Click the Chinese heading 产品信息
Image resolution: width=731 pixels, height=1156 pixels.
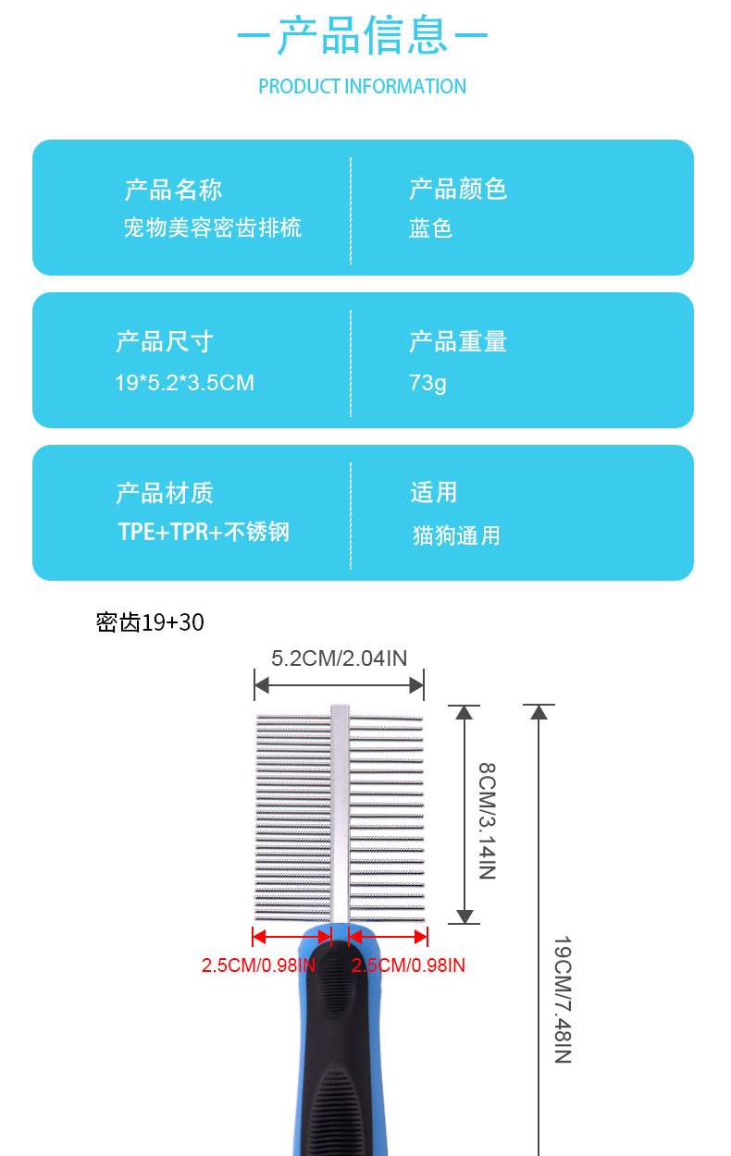363,37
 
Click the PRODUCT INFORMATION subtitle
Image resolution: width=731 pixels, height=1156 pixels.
362,87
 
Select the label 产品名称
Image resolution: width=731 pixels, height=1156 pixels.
173,191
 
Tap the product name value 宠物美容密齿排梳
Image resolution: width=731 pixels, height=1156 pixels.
212,228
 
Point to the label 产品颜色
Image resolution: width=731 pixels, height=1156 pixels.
458,190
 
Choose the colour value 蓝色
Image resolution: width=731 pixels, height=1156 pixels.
430,228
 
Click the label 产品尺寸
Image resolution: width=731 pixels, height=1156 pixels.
164,342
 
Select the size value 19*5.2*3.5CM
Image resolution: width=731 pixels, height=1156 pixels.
184,382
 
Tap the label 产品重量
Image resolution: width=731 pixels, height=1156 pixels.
458,342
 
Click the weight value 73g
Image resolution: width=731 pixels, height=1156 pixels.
427,382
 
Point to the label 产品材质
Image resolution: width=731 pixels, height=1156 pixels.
164,494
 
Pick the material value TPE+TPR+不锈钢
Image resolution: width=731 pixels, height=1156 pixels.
204,533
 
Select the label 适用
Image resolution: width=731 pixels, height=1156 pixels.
433,493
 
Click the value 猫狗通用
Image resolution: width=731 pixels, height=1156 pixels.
456,535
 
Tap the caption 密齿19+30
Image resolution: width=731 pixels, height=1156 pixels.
150,623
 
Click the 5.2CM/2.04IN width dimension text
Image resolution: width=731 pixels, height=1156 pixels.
339,658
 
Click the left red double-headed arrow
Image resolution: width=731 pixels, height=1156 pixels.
291,937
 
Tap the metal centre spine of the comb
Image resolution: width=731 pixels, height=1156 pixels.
340,814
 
